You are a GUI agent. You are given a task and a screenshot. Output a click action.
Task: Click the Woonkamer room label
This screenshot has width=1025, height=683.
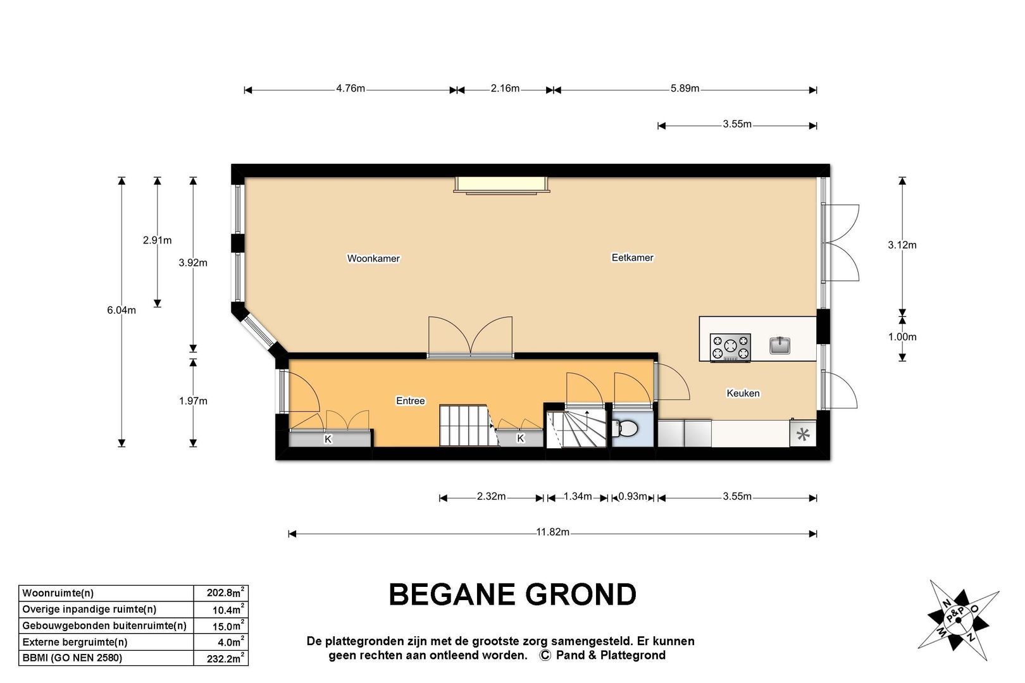point(373,259)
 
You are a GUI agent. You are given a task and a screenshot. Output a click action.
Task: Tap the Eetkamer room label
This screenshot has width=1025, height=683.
point(632,257)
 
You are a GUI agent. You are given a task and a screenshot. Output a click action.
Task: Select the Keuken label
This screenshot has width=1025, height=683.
point(743,393)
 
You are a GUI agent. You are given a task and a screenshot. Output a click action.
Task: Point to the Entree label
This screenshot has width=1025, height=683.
point(411,401)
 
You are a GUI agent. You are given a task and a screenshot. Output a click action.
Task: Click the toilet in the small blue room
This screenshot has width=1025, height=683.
point(626,429)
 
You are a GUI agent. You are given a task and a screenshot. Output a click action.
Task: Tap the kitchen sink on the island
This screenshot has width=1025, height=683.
point(780,345)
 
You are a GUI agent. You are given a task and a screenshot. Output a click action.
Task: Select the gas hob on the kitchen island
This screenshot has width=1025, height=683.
point(730,348)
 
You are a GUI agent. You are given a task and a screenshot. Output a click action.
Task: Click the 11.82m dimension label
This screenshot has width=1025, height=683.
point(553,532)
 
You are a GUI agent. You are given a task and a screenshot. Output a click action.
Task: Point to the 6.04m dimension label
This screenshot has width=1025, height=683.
point(121,310)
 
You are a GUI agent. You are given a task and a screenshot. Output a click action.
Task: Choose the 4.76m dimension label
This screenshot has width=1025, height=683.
point(351,89)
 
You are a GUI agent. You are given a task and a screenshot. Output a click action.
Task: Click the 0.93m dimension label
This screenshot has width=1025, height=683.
point(633,496)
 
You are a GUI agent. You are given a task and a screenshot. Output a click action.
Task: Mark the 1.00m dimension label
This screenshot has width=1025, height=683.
point(902,337)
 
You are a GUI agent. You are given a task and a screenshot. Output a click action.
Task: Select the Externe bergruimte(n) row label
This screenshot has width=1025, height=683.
point(75,643)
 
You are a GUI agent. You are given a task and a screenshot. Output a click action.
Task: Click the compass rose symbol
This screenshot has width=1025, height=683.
point(958,620)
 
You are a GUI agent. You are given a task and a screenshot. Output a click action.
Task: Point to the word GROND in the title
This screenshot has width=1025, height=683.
point(581,594)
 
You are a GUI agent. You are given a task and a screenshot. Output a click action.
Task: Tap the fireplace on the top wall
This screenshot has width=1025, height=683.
point(502,185)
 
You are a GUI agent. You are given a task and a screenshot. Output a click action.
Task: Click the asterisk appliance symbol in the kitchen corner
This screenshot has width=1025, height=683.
point(803,434)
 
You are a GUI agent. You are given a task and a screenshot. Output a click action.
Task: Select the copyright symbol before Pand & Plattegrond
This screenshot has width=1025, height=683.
point(545,656)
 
